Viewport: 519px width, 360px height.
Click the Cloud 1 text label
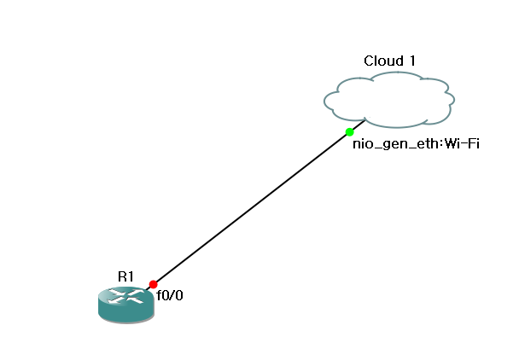click(x=389, y=61)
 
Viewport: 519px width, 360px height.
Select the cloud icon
click(x=388, y=98)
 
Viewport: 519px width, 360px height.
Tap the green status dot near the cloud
click(x=350, y=131)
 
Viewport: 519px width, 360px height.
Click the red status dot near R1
click(x=153, y=284)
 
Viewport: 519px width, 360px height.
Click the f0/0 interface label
click(x=169, y=296)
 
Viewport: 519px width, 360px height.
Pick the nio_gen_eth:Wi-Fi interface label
click(x=417, y=143)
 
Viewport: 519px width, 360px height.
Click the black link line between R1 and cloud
click(x=252, y=207)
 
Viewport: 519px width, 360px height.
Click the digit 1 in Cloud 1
click(x=412, y=61)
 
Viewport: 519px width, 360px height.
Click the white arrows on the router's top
click(x=125, y=298)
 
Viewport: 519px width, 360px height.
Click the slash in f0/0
click(x=170, y=296)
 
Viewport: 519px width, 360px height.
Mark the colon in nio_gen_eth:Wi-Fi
click(x=440, y=144)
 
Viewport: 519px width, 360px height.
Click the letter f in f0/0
click(x=158, y=296)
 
